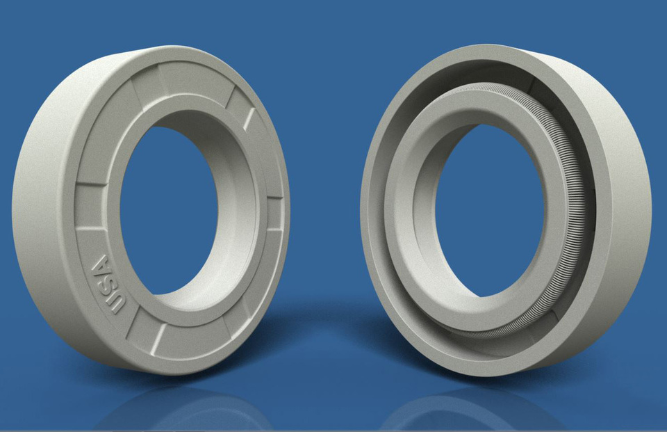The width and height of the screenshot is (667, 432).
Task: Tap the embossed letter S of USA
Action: click(106, 284)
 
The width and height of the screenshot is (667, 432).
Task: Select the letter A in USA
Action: click(101, 266)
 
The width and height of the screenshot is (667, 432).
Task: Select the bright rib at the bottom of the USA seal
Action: click(158, 339)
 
